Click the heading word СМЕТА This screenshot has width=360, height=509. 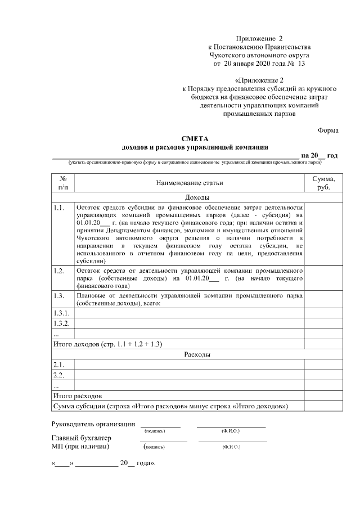pos(195,139)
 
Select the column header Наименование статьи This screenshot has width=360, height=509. pos(189,183)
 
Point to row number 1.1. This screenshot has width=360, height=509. pos(59,208)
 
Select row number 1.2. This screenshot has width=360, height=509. pos(59,271)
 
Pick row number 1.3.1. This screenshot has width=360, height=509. pos(61,313)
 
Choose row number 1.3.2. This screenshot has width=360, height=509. pos(61,323)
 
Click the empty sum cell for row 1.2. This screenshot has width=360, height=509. pos(323,278)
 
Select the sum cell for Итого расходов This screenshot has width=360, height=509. pos(323,396)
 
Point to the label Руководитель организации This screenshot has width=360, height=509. pos(93,424)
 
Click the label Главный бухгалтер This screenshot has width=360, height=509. pos(82,438)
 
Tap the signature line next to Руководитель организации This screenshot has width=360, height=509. pos(160,426)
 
